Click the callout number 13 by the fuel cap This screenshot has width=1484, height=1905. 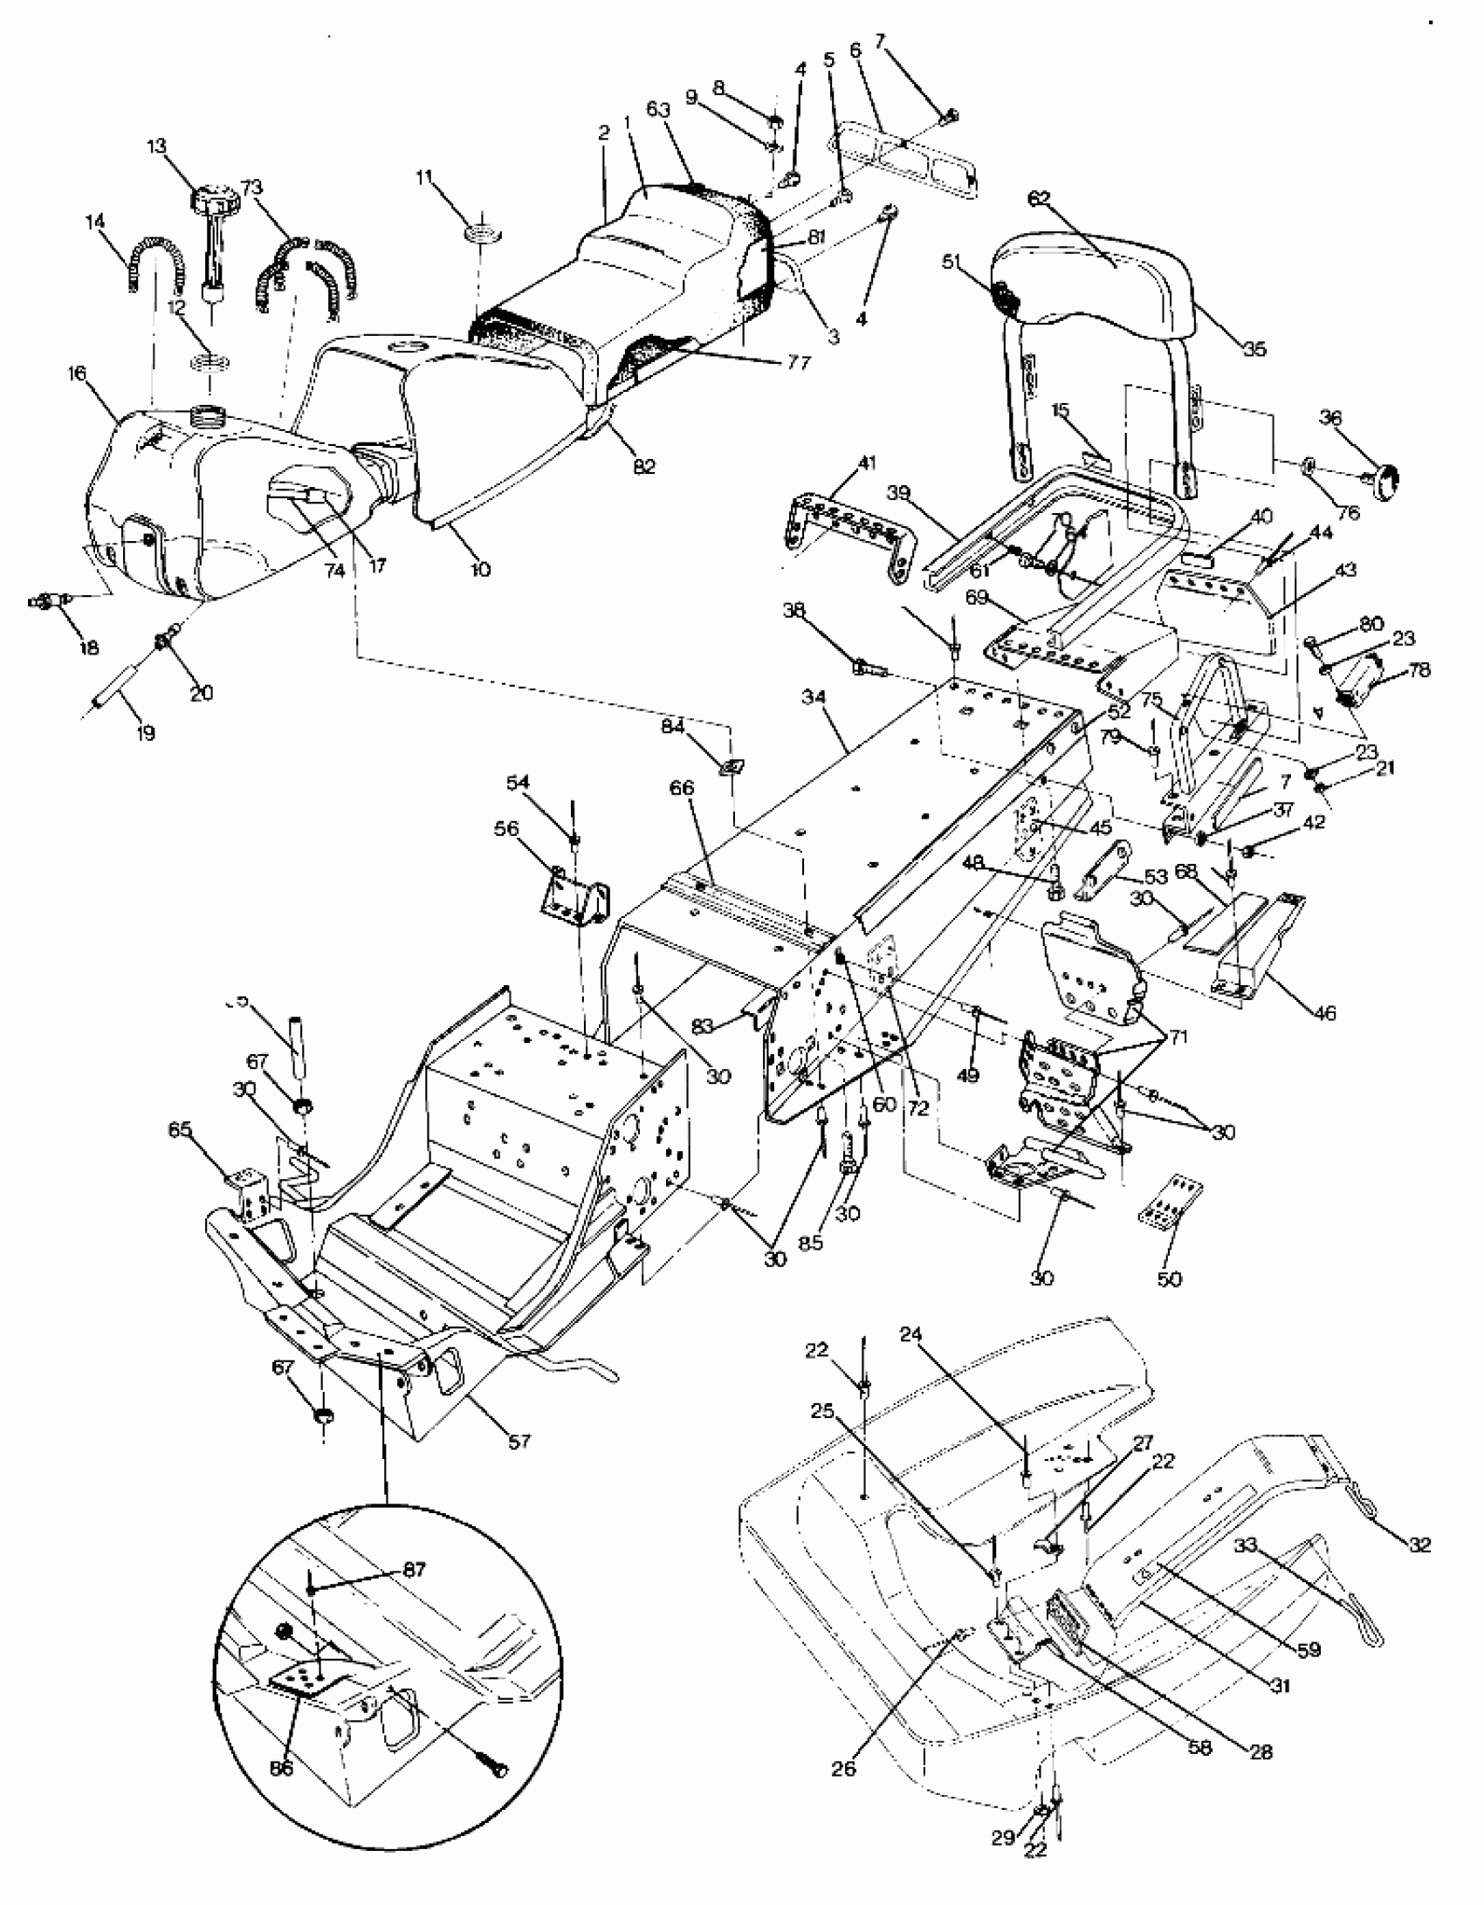[157, 145]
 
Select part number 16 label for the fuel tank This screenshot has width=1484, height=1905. [77, 373]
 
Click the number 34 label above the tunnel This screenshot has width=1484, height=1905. [814, 697]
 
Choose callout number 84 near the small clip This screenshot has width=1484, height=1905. [672, 727]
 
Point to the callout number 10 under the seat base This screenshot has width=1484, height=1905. [480, 569]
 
